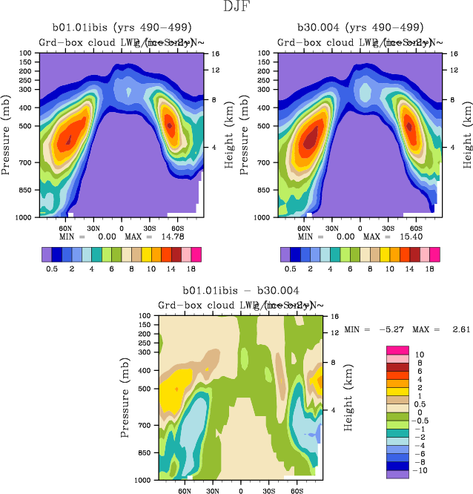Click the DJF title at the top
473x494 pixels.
click(x=236, y=9)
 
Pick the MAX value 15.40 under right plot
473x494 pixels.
click(x=409, y=236)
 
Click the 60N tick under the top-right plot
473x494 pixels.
click(x=305, y=227)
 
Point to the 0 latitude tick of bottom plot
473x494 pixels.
click(x=241, y=490)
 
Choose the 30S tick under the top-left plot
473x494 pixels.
click(x=149, y=227)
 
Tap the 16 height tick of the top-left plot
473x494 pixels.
click(x=214, y=54)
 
